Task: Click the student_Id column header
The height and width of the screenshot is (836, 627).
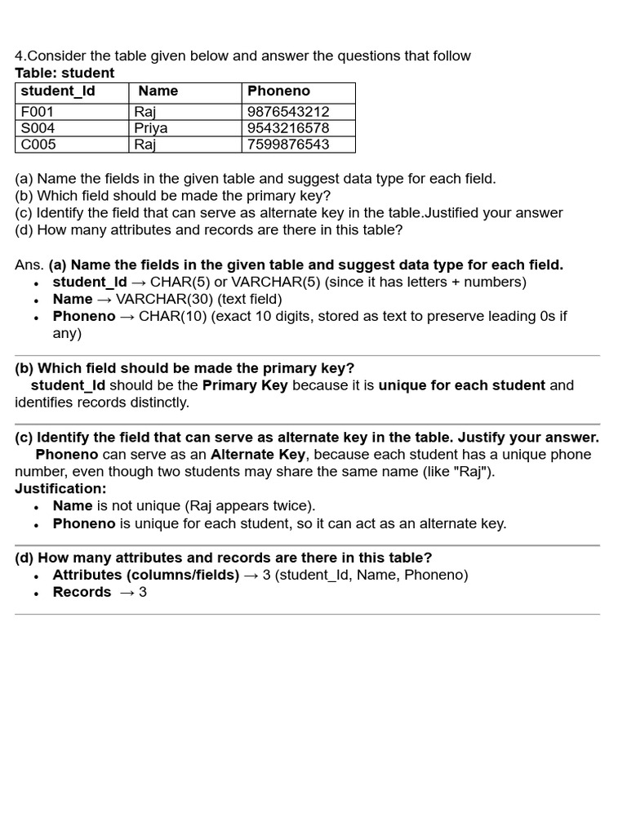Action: [58, 91]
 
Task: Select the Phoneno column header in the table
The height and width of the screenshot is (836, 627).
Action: [279, 91]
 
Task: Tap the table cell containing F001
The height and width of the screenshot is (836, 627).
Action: [38, 112]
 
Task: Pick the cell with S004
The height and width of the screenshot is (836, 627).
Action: [38, 128]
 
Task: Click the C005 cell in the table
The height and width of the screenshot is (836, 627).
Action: [38, 145]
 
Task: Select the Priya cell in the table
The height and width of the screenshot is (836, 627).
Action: [151, 128]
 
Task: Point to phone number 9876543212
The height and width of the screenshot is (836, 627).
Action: [288, 112]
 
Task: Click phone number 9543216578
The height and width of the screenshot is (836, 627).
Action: [288, 128]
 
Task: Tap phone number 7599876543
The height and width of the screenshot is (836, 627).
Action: [288, 145]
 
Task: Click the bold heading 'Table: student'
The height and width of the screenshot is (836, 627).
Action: [64, 73]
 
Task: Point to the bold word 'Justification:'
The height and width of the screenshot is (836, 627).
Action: [60, 489]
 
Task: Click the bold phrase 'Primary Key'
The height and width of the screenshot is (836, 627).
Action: [245, 385]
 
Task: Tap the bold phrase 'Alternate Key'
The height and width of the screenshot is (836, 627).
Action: [258, 455]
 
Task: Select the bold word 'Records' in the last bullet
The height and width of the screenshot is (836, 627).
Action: [82, 593]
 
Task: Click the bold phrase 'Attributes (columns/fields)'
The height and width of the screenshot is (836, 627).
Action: [146, 576]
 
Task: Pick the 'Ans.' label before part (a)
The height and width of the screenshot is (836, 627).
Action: [29, 265]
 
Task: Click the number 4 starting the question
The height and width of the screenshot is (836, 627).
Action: [19, 56]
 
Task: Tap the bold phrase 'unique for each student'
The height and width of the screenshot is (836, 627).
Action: [461, 385]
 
